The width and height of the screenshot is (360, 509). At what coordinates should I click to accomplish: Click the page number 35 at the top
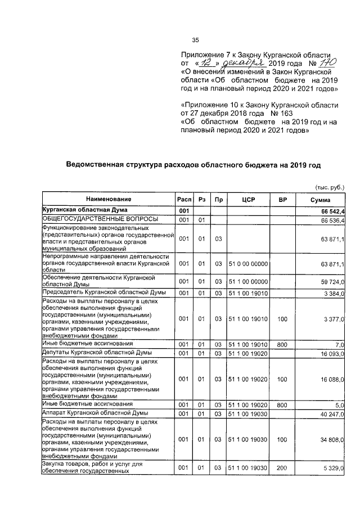(x=196, y=40)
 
